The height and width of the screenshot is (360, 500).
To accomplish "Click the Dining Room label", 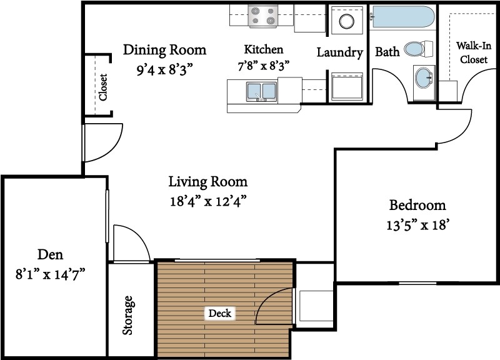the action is click(x=164, y=50).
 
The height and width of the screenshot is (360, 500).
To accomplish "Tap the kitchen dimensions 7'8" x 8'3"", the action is click(x=263, y=66).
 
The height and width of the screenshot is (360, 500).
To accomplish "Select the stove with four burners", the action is click(x=262, y=16).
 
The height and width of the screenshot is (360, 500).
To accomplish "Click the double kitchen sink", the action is click(x=261, y=92).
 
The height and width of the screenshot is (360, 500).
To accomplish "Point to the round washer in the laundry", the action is click(x=347, y=22).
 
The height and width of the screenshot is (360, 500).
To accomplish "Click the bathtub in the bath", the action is click(x=403, y=18).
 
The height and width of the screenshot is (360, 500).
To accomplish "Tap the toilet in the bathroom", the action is click(x=418, y=49).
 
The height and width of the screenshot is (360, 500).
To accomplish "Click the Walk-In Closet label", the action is click(x=474, y=52).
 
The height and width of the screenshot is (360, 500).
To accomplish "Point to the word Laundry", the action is click(x=340, y=52).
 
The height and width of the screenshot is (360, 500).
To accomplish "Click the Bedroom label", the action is click(x=417, y=205).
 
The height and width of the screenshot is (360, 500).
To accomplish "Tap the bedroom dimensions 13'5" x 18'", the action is click(x=417, y=225).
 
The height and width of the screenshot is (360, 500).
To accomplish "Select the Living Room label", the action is click(x=208, y=182).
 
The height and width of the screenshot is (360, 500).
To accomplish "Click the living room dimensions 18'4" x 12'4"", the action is click(x=208, y=201).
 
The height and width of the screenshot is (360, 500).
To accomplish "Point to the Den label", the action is click(x=51, y=254).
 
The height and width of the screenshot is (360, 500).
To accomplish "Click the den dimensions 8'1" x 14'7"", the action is click(x=51, y=274).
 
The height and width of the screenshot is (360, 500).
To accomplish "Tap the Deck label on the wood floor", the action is click(x=220, y=314).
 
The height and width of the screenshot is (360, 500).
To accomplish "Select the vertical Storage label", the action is click(x=128, y=316).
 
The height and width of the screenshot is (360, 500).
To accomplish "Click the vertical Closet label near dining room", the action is click(x=103, y=87).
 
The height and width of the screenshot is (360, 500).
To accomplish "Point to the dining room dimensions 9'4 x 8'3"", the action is click(x=165, y=69).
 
